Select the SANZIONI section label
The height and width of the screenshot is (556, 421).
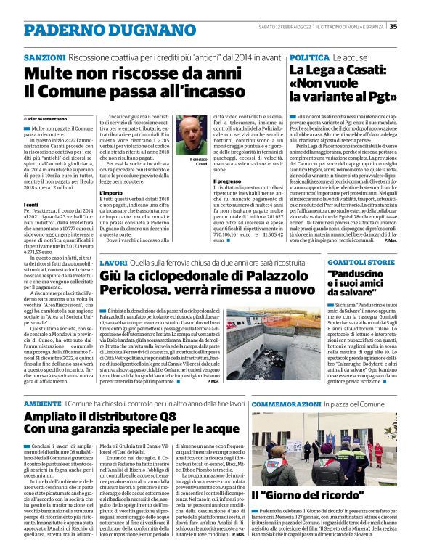pyautogui.click(x=45, y=57)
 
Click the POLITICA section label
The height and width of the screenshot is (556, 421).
pyautogui.click(x=310, y=57)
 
